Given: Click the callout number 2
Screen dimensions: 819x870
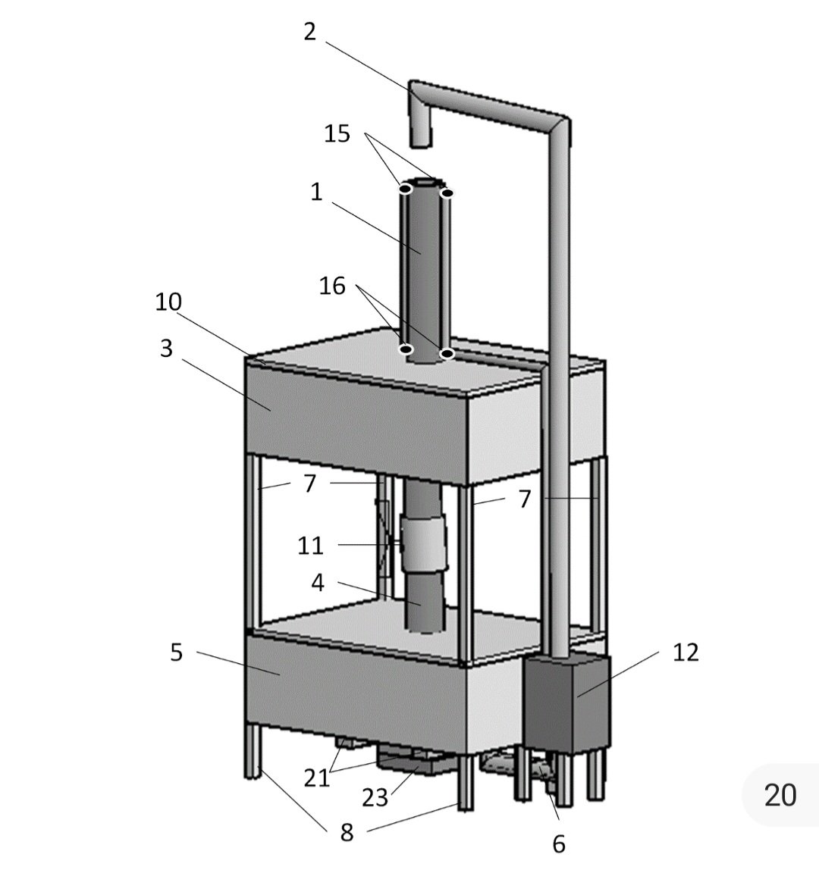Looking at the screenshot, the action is pos(310,32).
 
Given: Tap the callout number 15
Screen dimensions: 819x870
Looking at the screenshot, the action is pos(337,133).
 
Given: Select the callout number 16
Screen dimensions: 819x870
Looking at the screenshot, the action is pos(332,286).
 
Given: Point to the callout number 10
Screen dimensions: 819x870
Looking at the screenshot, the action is pos(168,302).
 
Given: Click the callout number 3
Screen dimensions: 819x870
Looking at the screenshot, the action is pos(166,349).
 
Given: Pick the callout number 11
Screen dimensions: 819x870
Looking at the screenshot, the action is pos(310,546).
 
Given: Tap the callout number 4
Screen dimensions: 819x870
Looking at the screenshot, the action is pos(318,583).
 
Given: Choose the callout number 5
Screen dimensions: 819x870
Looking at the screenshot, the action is pos(176,652).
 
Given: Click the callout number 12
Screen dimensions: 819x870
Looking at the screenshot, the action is pos(686,652).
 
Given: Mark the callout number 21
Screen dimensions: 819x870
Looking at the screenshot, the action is pos(316,778).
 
